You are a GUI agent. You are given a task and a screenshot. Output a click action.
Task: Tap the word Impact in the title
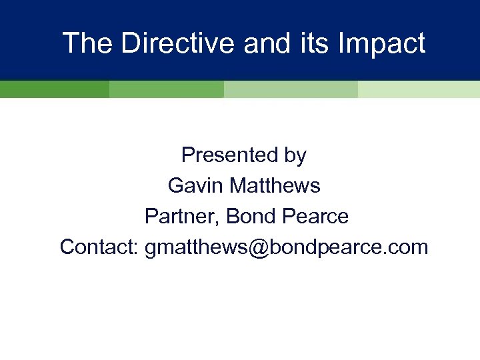click(382, 43)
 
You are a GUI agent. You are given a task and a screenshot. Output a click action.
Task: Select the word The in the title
click(85, 43)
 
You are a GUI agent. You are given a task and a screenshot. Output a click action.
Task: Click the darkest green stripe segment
click(54, 89)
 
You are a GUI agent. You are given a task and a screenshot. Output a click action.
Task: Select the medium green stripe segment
click(166, 89)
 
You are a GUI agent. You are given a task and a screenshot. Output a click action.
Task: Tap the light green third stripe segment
click(291, 89)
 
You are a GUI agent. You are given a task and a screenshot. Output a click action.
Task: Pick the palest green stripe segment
click(419, 89)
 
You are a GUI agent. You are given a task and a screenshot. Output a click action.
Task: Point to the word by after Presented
click(294, 155)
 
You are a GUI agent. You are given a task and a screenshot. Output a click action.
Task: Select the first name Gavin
click(196, 186)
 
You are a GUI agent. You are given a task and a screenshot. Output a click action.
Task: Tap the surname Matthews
click(275, 186)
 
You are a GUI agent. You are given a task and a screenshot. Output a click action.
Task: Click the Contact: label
click(99, 247)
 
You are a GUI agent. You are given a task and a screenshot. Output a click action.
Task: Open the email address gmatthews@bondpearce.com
click(286, 247)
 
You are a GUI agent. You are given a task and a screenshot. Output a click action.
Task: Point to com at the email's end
click(409, 247)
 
